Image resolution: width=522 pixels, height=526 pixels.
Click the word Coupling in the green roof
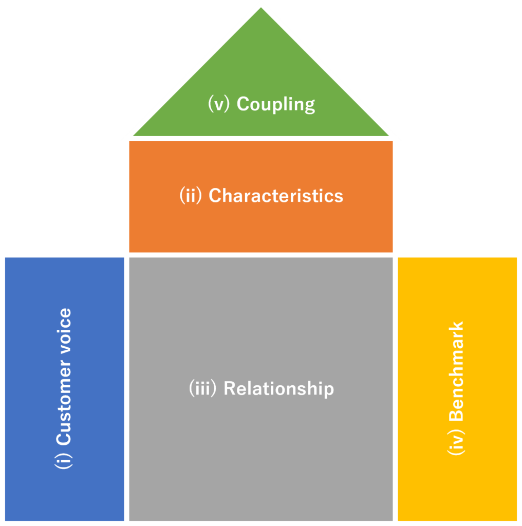(x=276, y=104)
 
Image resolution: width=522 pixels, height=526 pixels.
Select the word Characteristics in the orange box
(x=276, y=196)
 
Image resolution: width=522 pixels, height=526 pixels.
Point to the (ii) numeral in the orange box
(x=191, y=196)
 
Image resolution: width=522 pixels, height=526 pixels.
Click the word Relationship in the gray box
(x=278, y=388)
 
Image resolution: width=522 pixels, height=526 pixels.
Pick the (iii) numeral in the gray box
(x=203, y=388)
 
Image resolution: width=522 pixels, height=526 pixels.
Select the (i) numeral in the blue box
(x=63, y=461)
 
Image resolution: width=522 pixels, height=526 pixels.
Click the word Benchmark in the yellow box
(x=456, y=371)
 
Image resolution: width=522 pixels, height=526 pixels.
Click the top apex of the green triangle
(x=261, y=7)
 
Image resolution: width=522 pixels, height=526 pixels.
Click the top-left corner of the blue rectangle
(x=6, y=258)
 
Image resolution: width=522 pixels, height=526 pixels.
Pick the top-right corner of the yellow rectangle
(x=516, y=258)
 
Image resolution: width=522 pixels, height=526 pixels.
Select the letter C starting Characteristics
(x=215, y=196)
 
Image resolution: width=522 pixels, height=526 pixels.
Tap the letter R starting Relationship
(x=230, y=388)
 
